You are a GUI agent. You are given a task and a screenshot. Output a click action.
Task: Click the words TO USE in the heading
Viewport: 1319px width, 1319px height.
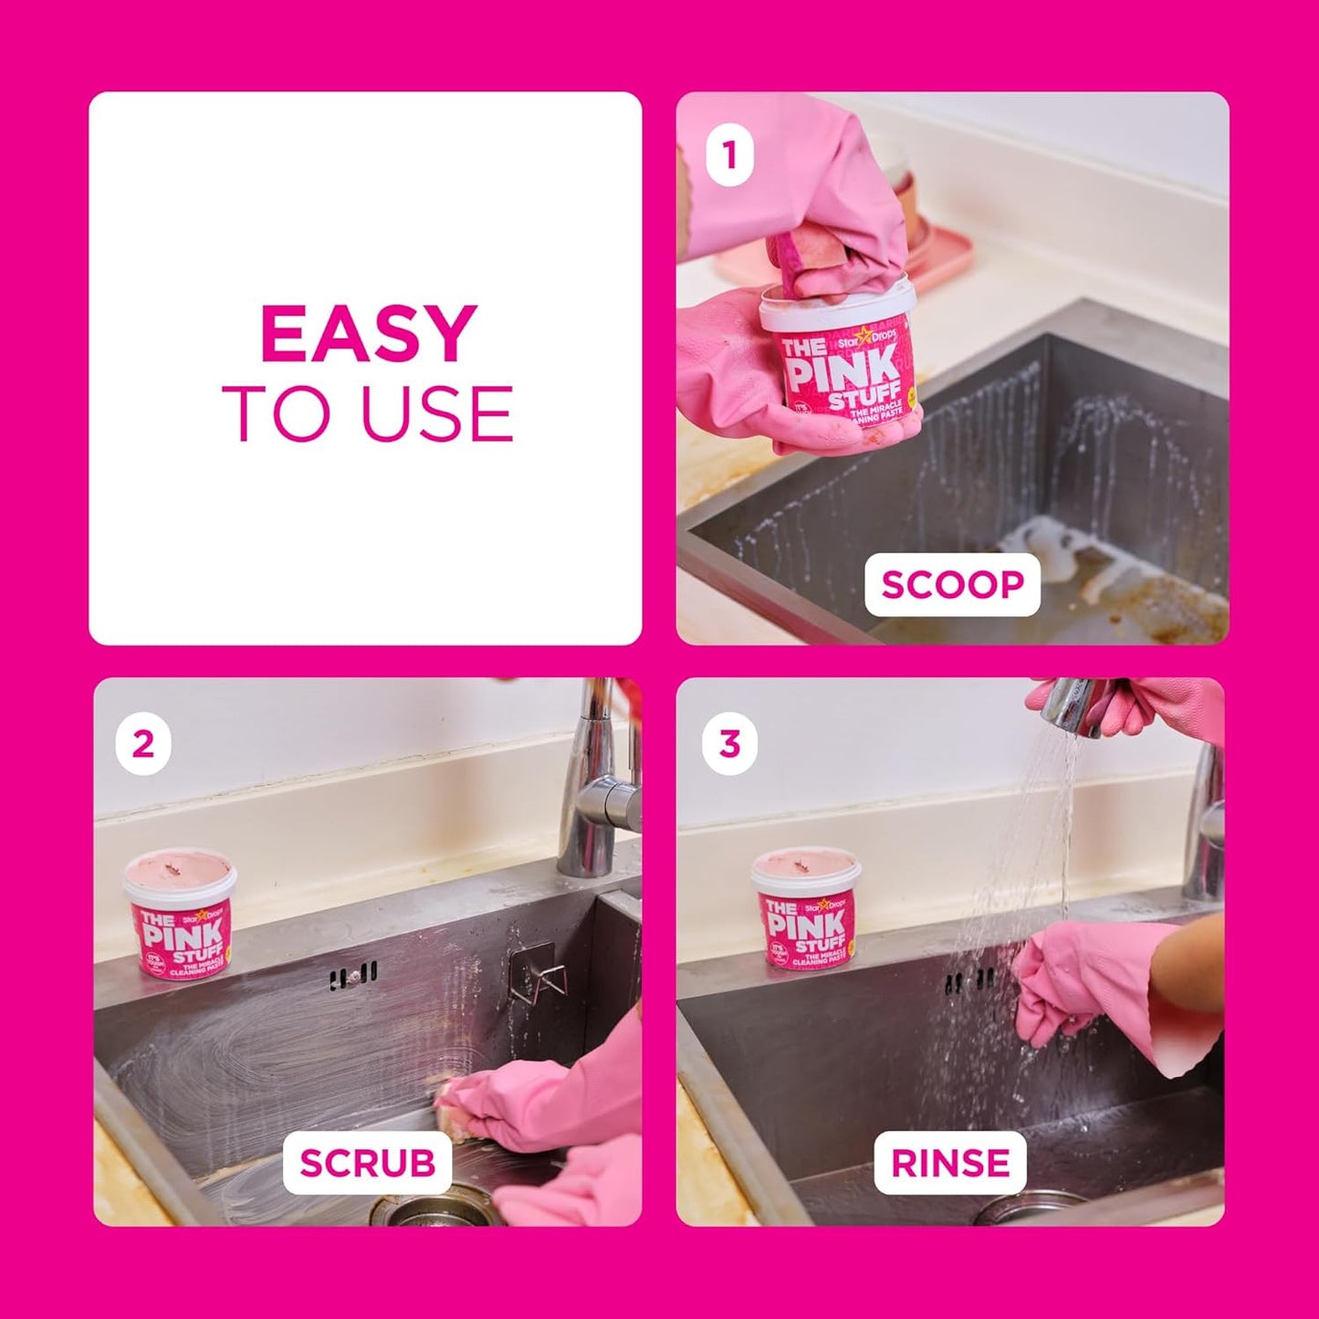tap(368, 413)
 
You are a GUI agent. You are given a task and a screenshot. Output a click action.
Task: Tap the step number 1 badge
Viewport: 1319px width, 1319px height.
tap(729, 157)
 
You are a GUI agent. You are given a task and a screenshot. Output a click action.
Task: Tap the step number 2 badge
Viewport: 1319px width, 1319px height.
tap(143, 745)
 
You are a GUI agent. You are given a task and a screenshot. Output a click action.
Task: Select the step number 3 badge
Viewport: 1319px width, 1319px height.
tap(729, 745)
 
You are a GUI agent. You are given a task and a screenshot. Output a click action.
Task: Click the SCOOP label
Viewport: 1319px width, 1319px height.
tap(952, 584)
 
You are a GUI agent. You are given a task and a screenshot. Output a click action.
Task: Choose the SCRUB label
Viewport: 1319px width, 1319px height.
tap(367, 1163)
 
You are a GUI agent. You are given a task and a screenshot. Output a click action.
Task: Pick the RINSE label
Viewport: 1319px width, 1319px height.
tap(950, 1163)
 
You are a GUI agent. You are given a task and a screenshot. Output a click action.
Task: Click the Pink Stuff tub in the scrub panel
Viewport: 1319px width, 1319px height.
tap(181, 914)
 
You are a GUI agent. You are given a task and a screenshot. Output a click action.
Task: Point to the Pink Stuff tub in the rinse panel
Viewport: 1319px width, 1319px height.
tap(806, 908)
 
